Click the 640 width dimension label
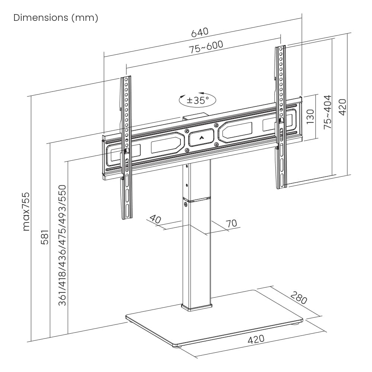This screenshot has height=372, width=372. pos(200,32)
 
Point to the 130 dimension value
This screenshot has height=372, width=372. pos(310,116)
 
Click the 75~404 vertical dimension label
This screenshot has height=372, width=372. pos(327,112)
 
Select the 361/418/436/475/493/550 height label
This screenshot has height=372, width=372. pos(62,245)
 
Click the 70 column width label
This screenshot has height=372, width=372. pos(231,223)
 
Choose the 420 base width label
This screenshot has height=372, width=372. pos(256,340)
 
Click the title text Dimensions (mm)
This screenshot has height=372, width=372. pos(56,18)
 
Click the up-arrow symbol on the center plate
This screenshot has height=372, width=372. pos(202,138)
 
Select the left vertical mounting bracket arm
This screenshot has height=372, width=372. pos(126,149)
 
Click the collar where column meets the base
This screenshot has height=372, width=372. pos(196,307)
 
